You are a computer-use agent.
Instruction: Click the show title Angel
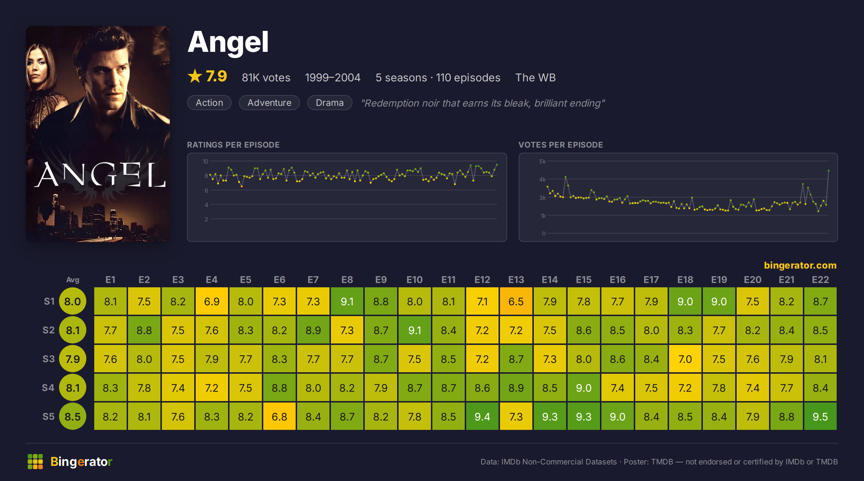(228, 42)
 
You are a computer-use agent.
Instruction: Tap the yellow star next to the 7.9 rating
(195, 76)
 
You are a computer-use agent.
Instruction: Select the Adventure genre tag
(269, 103)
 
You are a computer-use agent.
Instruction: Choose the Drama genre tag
(329, 103)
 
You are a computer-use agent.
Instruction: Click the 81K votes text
(266, 77)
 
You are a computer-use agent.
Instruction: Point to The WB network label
(535, 77)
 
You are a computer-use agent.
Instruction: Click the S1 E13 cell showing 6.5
(516, 301)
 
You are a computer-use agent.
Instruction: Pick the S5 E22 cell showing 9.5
(820, 417)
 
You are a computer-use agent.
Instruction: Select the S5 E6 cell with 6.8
(279, 417)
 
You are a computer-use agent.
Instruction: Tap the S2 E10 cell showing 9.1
(414, 330)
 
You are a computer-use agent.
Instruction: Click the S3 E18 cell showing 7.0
(685, 359)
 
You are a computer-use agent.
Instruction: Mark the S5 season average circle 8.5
(73, 417)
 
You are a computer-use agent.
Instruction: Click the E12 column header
(482, 280)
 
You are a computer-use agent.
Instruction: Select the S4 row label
(48, 388)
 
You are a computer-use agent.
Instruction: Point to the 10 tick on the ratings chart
(205, 161)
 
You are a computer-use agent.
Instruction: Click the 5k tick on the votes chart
(542, 161)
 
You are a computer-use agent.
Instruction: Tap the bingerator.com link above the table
(800, 265)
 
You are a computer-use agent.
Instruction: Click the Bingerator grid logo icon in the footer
(35, 462)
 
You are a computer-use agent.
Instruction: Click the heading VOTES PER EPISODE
(560, 145)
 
